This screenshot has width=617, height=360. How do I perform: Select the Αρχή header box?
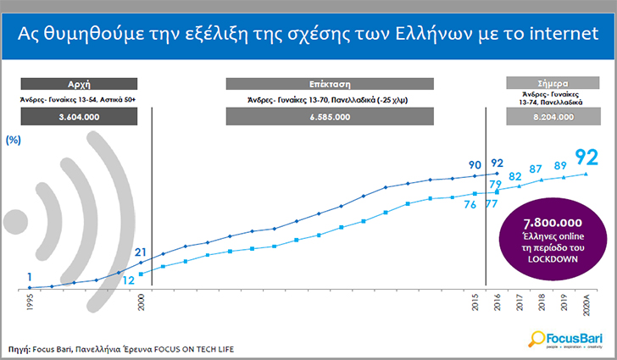pos(79,84)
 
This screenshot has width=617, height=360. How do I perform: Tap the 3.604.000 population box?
pos(79,117)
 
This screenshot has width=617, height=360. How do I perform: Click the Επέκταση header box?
pos(330,84)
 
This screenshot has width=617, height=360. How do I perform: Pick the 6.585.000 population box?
pos(330,117)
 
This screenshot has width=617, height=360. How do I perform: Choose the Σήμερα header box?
pos(553,83)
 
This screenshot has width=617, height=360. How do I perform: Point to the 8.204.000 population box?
pos(553,117)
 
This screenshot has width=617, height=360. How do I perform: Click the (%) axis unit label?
pos(13,140)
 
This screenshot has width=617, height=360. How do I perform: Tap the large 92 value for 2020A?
pos(586,158)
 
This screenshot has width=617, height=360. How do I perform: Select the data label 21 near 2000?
pos(141,252)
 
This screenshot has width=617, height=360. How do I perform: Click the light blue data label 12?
pos(129,280)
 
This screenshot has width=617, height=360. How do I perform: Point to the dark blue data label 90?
pos(475,165)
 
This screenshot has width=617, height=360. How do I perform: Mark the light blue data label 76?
pos(470,205)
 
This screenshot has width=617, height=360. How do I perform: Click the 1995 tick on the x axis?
pos(30,302)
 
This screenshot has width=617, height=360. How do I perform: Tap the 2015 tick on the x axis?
pos(475,302)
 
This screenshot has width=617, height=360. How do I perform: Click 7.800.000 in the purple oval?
pos(553,223)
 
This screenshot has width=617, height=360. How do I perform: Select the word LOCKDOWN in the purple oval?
pos(553,259)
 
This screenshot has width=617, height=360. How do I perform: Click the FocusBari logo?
pos(565,339)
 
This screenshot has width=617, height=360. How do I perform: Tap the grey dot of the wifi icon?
pos(16,222)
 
